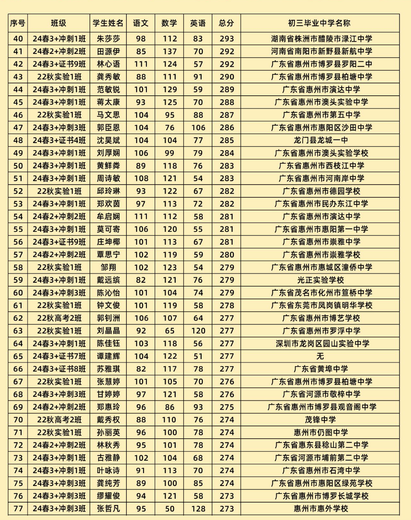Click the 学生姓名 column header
[108, 23]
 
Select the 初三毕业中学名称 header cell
[319, 23]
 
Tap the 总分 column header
[226, 23]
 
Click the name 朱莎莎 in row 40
[108, 39]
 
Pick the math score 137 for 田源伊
[169, 51]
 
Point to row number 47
[18, 128]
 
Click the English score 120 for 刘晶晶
[198, 331]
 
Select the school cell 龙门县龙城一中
[319, 140]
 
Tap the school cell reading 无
[319, 356]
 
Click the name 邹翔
[108, 267]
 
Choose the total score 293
[226, 39]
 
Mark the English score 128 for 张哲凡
[198, 508]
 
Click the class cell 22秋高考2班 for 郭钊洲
[59, 318]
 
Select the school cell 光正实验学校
[319, 280]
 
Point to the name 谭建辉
[108, 356]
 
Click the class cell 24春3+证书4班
[59, 140]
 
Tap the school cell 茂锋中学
[319, 420]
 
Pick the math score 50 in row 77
[169, 508]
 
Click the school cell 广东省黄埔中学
[319, 369]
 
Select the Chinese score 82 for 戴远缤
[141, 280]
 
